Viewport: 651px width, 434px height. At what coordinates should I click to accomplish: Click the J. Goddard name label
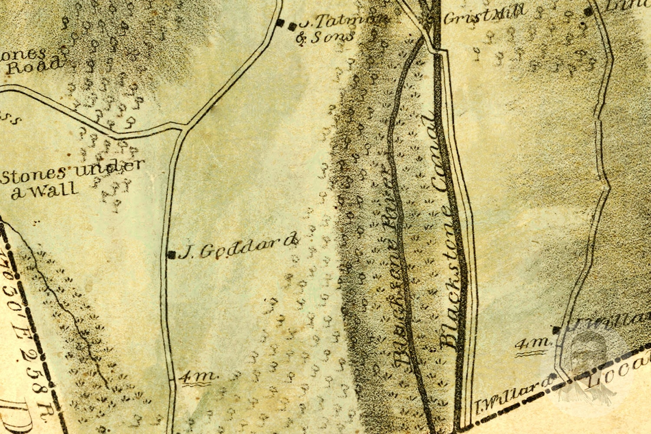click(x=239, y=249)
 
